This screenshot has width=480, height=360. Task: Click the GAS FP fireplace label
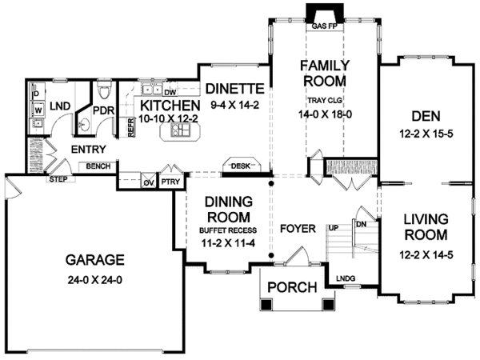(325, 26)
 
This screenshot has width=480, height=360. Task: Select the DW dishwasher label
(170, 92)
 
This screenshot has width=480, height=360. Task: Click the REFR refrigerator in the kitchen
(130, 127)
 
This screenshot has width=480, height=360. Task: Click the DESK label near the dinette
(241, 166)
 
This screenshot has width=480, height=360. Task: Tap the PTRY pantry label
(170, 182)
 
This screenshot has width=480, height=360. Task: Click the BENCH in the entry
(98, 166)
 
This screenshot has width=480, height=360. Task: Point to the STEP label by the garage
(58, 179)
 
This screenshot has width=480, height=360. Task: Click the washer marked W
(38, 109)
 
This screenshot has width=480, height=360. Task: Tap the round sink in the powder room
(83, 125)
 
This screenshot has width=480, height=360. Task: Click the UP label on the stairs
(334, 228)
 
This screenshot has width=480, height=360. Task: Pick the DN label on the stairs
(362, 224)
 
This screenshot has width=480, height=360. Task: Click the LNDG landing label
(346, 278)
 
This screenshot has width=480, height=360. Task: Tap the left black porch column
(266, 305)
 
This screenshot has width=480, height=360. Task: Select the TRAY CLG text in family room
(325, 100)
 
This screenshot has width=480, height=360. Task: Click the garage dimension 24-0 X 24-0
(95, 280)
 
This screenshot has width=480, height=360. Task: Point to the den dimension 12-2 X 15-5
(426, 134)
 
